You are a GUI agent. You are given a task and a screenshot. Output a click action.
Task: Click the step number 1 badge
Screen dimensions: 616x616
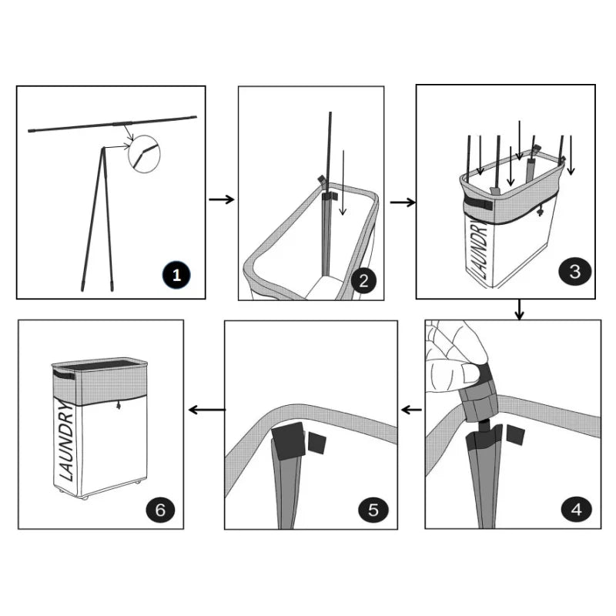point(176,275)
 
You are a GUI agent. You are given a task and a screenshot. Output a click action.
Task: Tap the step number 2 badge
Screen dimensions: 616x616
point(363,280)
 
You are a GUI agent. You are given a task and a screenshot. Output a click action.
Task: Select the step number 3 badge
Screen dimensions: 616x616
point(574,272)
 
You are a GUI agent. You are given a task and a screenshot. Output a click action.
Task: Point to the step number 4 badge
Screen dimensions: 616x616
point(576,509)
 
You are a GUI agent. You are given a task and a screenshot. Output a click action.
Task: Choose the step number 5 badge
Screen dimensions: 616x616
point(373,510)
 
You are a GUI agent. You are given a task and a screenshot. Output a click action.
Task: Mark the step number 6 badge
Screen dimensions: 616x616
point(160,510)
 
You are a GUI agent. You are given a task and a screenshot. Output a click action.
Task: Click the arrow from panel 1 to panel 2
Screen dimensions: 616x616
point(222,199)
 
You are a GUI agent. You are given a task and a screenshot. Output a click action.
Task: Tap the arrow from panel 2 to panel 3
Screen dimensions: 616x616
point(403,203)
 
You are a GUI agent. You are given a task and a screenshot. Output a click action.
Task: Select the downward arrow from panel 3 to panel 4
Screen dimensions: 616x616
point(519,310)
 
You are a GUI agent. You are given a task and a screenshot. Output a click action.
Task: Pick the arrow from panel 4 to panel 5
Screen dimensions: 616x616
point(411,410)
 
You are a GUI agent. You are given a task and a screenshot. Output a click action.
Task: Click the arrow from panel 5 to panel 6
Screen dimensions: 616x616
point(207,410)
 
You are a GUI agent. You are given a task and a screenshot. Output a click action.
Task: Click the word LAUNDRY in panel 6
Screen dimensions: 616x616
point(66,441)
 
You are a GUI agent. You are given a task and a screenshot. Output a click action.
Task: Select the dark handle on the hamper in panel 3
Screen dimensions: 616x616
point(478,203)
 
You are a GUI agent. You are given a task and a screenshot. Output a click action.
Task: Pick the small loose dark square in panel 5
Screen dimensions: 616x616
point(316,443)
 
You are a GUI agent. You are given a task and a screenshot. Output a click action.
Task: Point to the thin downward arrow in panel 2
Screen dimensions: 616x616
point(343,182)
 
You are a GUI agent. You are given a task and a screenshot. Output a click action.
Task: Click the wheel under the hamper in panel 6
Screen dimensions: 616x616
point(84,497)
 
